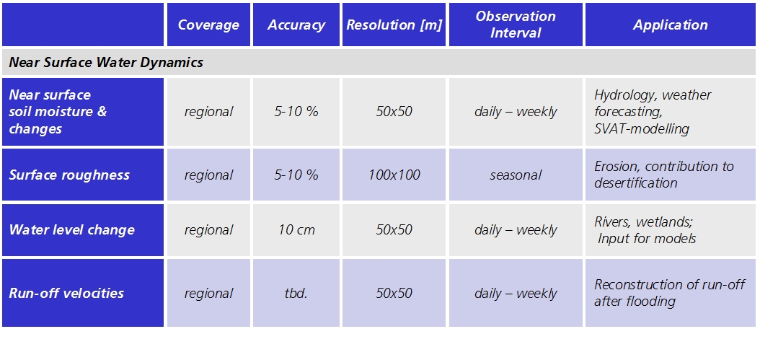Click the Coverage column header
(208, 25)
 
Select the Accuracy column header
(296, 25)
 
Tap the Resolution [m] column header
(394, 25)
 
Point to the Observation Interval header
(516, 25)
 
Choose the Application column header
(671, 25)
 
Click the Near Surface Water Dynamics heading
(106, 63)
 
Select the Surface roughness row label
(69, 175)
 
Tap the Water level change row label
(71, 229)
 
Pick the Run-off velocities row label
(66, 293)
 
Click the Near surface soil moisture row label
(58, 112)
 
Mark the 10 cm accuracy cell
(296, 229)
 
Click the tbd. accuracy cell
(296, 293)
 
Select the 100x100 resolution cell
(394, 175)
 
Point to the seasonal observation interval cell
(516, 175)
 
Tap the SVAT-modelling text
(642, 129)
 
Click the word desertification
(636, 183)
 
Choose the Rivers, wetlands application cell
(645, 230)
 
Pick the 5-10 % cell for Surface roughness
(296, 175)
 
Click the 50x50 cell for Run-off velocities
(394, 293)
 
